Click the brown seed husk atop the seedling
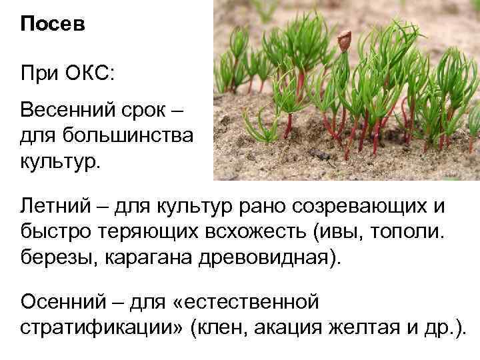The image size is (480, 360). pyautogui.click(x=344, y=42)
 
